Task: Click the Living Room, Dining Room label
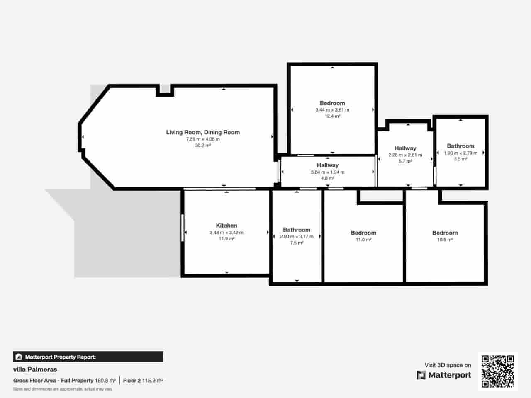point(203,132)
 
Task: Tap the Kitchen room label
point(227,226)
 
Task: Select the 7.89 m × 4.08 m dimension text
point(203,139)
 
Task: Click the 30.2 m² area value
point(203,146)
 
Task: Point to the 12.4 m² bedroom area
point(332,116)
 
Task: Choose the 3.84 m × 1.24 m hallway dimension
point(327,172)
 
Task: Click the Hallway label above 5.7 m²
point(405,148)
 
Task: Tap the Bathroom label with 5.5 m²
point(460,146)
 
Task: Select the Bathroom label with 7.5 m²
point(297,230)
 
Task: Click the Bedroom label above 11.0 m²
point(363,233)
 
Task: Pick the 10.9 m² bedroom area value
point(445,240)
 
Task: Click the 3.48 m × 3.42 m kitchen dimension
point(227,233)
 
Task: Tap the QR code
point(497,371)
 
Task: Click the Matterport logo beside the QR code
point(444,375)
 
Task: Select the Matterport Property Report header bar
point(88,357)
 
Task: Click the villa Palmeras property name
point(35,369)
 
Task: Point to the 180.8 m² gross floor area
point(105,381)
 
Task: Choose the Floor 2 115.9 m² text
point(143,381)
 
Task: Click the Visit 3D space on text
point(448,365)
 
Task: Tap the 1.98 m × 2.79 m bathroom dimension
point(460,153)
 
